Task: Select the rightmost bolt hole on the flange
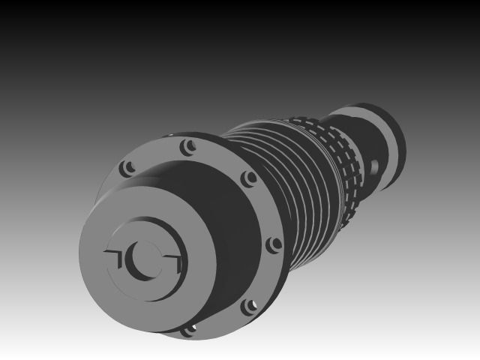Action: click(274, 244)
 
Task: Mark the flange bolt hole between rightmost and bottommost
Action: click(248, 306)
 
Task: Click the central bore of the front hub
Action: click(142, 258)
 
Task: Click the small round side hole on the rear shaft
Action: click(374, 163)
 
